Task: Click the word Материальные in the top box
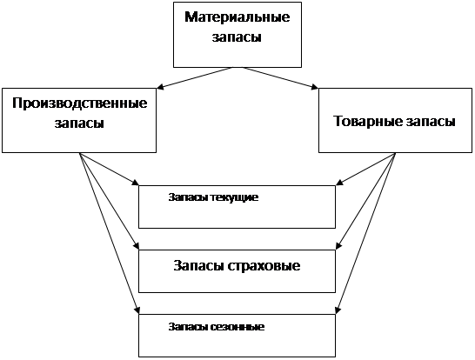(x=237, y=17)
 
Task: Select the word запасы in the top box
(x=237, y=37)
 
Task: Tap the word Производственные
(x=80, y=103)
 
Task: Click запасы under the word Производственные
(x=79, y=123)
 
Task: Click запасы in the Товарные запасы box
(x=431, y=122)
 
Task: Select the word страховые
(x=264, y=266)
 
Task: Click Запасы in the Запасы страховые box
(x=198, y=266)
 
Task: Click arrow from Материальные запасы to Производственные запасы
(x=194, y=78)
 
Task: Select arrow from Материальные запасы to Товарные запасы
(x=280, y=78)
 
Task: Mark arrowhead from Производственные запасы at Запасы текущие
(x=135, y=182)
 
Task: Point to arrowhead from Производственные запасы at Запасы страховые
(x=136, y=246)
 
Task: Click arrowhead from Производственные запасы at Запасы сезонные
(x=137, y=310)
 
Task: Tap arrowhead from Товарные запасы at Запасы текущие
(x=339, y=182)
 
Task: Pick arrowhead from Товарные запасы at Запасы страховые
(x=339, y=246)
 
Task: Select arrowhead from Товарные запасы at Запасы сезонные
(x=338, y=310)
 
